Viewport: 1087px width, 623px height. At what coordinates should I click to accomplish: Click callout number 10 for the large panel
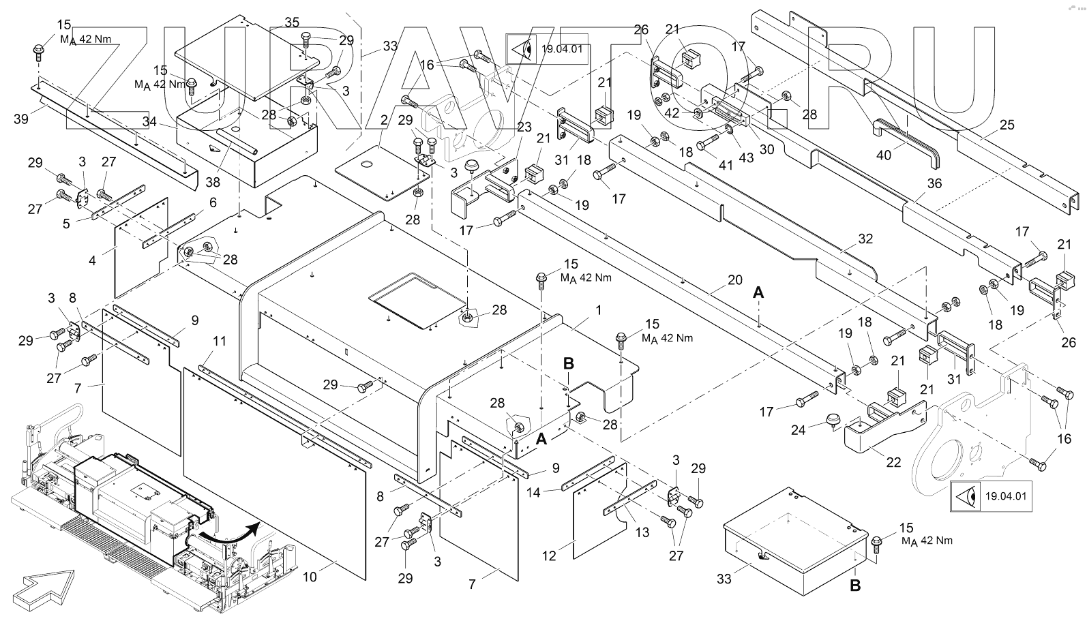click(310, 577)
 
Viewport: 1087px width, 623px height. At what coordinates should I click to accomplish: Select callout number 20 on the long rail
click(734, 279)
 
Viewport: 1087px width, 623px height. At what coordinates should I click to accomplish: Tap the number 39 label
click(21, 119)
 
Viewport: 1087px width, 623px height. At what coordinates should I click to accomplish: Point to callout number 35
click(292, 22)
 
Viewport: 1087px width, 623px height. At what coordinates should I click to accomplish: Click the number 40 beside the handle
click(883, 155)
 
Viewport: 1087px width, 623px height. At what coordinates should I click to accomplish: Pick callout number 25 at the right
click(1007, 125)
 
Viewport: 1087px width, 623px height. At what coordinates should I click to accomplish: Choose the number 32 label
click(865, 239)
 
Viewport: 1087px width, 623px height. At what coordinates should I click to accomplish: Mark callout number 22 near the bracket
click(893, 462)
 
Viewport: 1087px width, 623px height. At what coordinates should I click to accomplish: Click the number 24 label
click(798, 429)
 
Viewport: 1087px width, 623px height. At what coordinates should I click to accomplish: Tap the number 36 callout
click(934, 183)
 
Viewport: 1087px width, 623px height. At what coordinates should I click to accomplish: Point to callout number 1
click(598, 310)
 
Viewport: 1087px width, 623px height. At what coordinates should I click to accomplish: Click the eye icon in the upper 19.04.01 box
click(524, 49)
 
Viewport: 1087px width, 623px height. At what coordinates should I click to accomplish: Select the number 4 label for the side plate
click(92, 260)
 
